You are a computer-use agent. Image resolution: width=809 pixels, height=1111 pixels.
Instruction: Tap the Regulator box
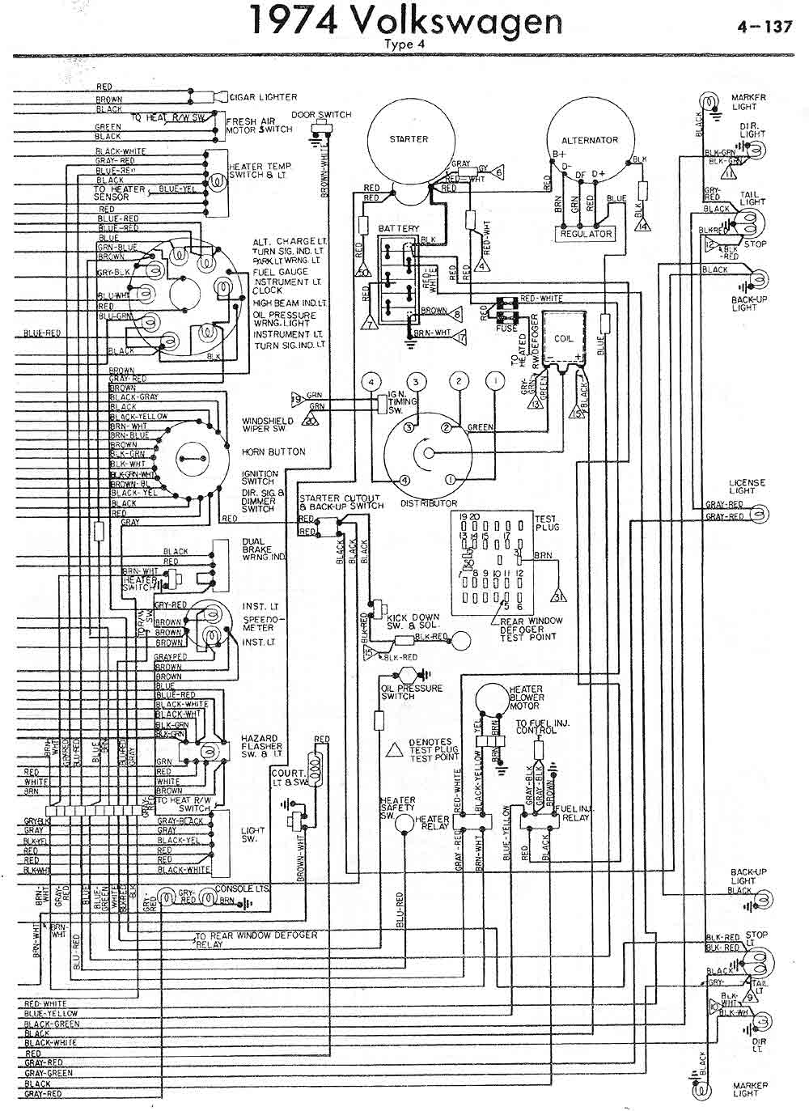[587, 234]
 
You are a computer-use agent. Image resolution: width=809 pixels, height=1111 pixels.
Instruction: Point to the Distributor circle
[428, 456]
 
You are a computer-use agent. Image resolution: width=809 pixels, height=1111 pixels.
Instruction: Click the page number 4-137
[764, 26]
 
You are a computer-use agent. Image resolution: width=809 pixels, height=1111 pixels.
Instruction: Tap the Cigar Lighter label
[264, 97]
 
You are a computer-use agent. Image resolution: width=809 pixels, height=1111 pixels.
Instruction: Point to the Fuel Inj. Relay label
[573, 813]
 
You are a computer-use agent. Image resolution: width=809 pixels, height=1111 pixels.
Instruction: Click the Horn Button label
[273, 452]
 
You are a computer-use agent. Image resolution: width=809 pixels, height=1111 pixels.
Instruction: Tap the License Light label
[747, 487]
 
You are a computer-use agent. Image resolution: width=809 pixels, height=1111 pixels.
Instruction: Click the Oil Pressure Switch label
[411, 692]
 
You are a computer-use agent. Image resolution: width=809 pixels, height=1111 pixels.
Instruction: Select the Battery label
[399, 229]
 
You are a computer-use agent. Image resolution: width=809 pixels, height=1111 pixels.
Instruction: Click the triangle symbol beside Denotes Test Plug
[395, 749]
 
